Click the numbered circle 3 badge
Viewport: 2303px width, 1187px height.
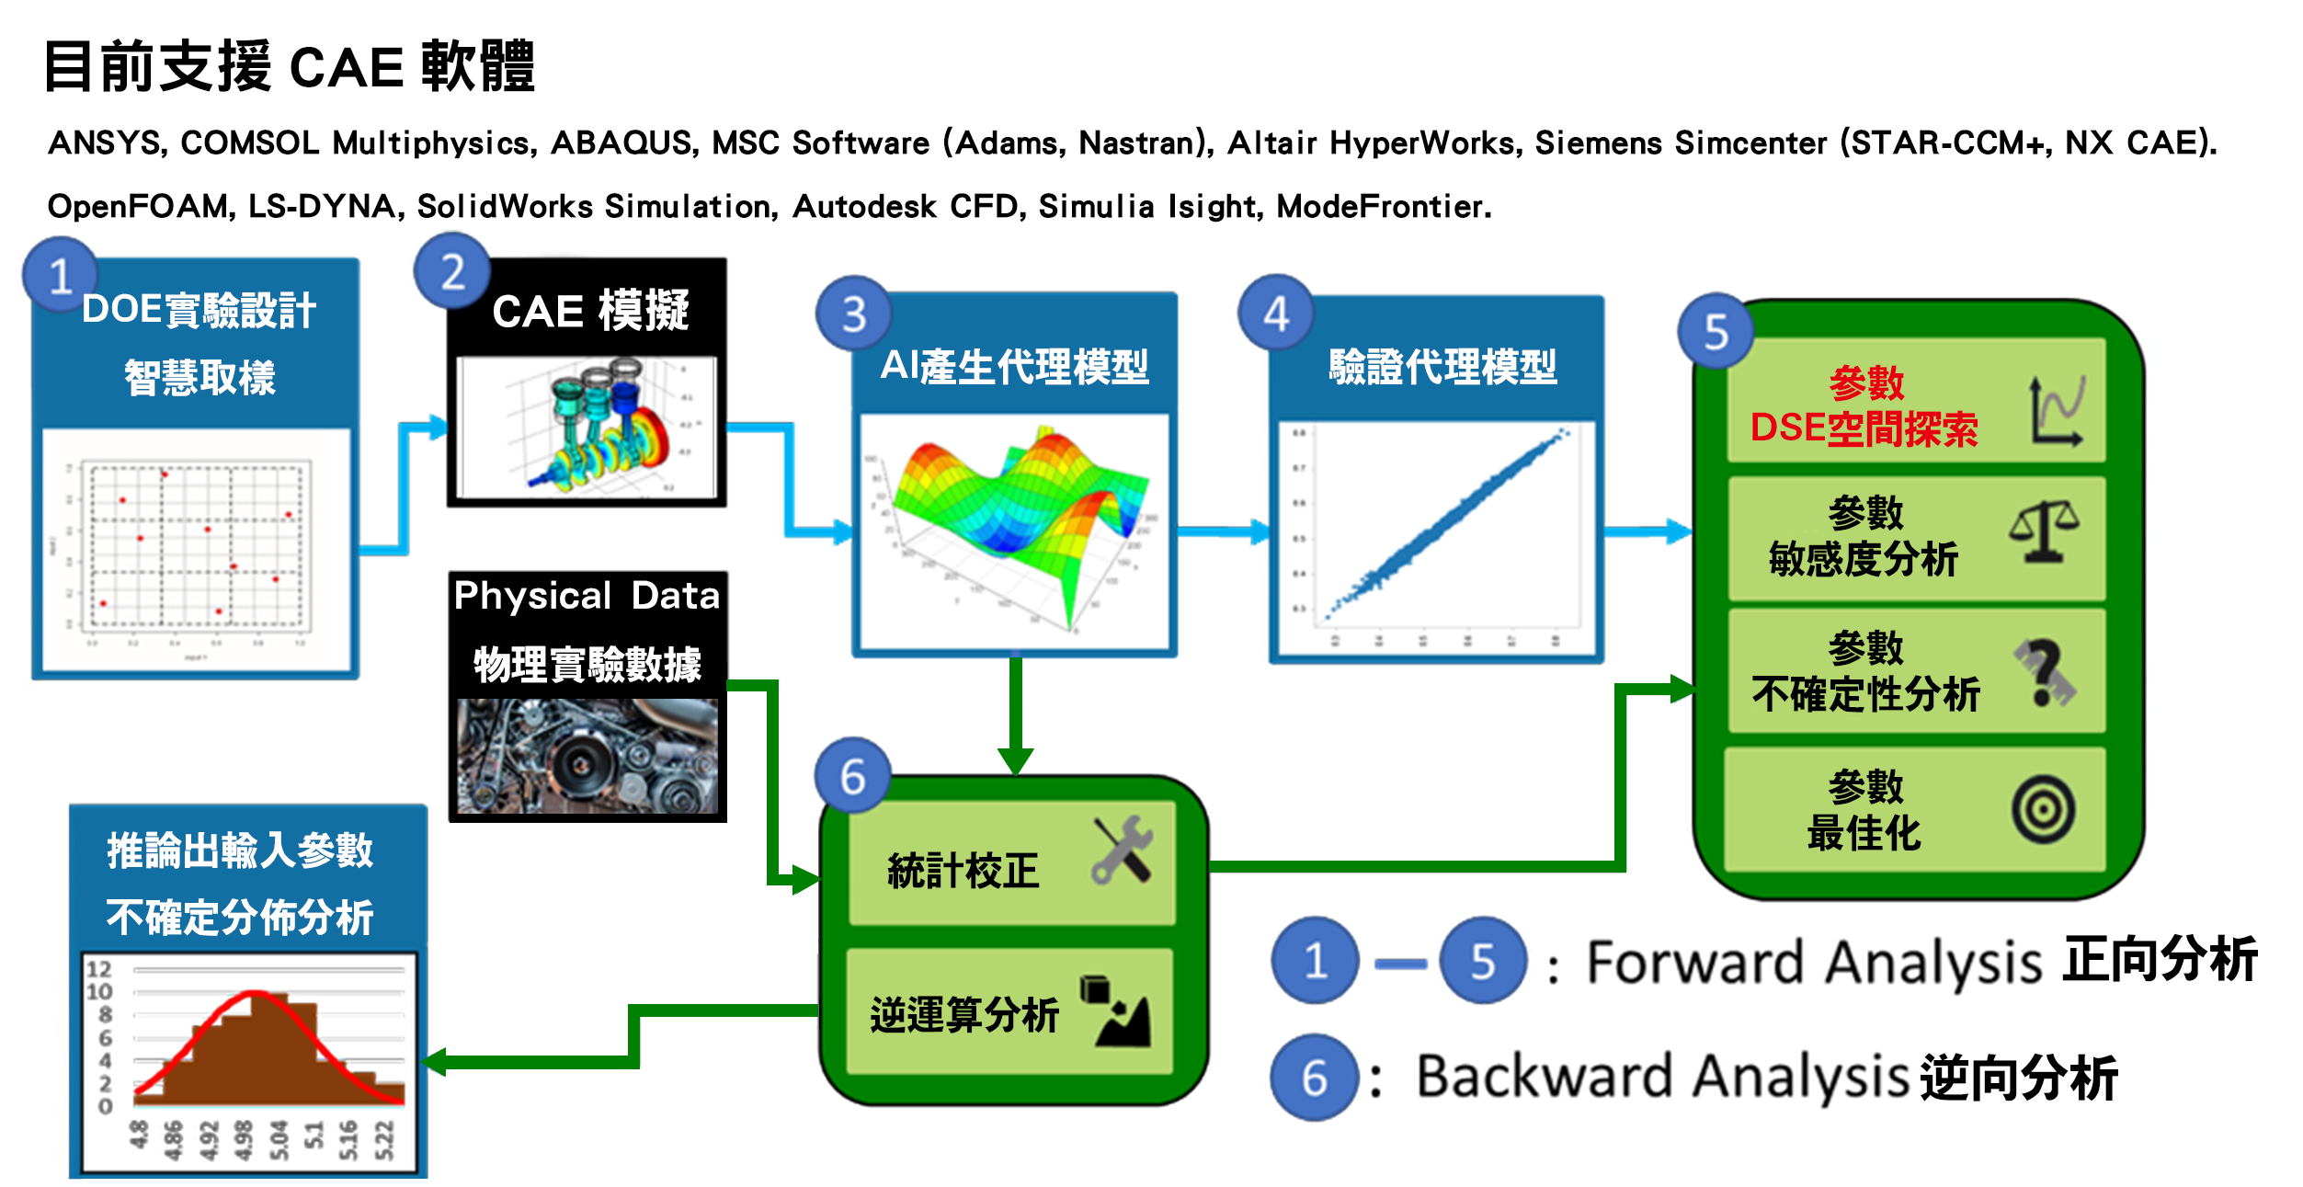tap(854, 314)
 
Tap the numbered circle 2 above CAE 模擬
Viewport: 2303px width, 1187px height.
tap(452, 272)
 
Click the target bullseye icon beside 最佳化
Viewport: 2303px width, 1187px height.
tap(2043, 810)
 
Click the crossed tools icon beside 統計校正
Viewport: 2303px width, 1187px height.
tap(1123, 850)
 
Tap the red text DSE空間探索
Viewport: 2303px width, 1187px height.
tap(1864, 429)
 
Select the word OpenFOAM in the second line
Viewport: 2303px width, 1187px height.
tap(137, 207)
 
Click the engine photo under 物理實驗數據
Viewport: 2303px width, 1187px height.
tap(587, 756)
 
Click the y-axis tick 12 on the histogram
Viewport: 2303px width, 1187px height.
tap(99, 969)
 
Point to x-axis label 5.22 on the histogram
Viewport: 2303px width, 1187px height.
tap(384, 1140)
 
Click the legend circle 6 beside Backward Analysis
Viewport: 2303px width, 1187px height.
tap(1315, 1077)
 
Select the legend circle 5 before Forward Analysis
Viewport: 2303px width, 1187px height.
tap(1482, 961)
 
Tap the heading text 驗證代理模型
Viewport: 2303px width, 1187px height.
tap(1442, 367)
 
